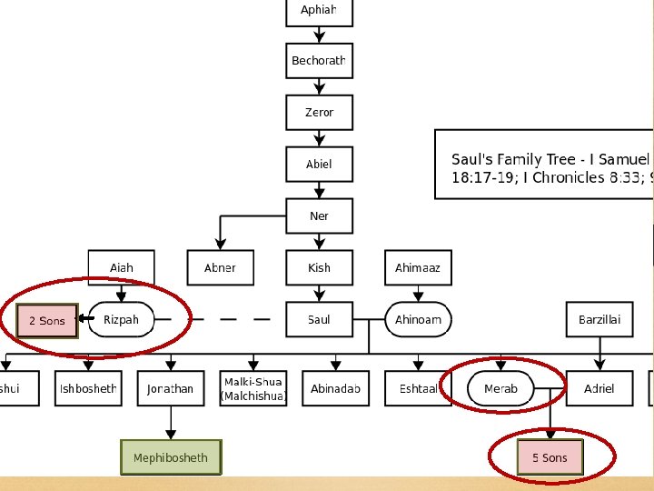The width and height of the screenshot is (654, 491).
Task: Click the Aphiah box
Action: [319, 11]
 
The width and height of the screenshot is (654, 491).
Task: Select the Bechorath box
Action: [319, 61]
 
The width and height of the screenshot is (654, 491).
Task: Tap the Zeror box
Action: [319, 113]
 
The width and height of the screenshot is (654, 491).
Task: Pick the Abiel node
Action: [319, 165]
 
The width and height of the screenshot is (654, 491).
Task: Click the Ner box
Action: [319, 216]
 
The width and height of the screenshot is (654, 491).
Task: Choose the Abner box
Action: [220, 268]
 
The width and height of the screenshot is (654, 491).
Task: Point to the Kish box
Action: [319, 268]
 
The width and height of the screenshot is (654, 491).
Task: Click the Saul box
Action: [319, 320]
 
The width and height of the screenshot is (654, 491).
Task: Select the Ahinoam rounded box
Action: [418, 320]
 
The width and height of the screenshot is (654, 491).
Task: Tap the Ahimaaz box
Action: [418, 268]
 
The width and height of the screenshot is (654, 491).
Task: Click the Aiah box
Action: [121, 268]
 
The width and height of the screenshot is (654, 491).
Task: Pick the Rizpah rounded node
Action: [121, 320]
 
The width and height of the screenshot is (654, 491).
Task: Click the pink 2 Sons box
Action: [47, 321]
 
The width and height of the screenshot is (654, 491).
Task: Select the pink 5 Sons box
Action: [550, 457]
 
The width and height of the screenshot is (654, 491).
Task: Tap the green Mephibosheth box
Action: [171, 457]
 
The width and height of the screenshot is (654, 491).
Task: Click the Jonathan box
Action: [171, 389]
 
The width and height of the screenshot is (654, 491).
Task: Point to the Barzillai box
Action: [599, 320]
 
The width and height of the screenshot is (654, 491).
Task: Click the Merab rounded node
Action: [500, 389]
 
